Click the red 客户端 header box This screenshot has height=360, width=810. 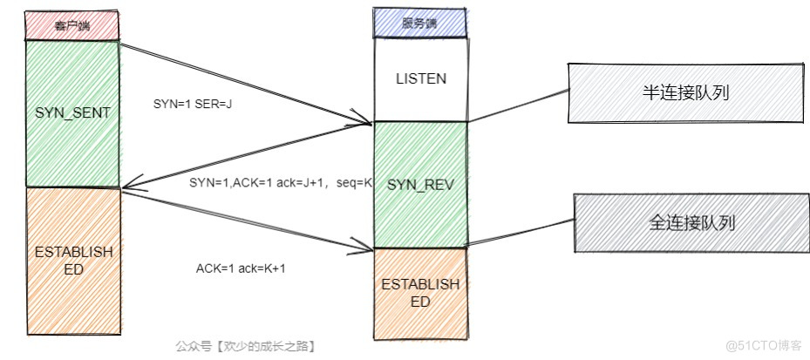coord(71,25)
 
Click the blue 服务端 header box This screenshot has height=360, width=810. coord(420,23)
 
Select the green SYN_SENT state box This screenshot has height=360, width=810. coord(71,113)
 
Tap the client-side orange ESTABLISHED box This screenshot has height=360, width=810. coord(71,262)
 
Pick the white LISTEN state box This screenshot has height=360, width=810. coord(420,78)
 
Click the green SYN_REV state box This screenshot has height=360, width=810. coord(420,185)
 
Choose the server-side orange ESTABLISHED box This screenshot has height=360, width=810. coord(420,292)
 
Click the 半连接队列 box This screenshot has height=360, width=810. coord(684,92)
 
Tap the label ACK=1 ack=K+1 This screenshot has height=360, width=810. coord(241,268)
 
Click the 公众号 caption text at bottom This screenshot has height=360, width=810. coord(245,346)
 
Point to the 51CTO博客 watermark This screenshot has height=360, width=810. coord(760,345)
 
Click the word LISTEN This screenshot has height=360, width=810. coord(420,78)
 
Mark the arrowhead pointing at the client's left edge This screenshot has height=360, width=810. coord(126,186)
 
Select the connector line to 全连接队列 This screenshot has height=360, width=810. coord(521,229)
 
